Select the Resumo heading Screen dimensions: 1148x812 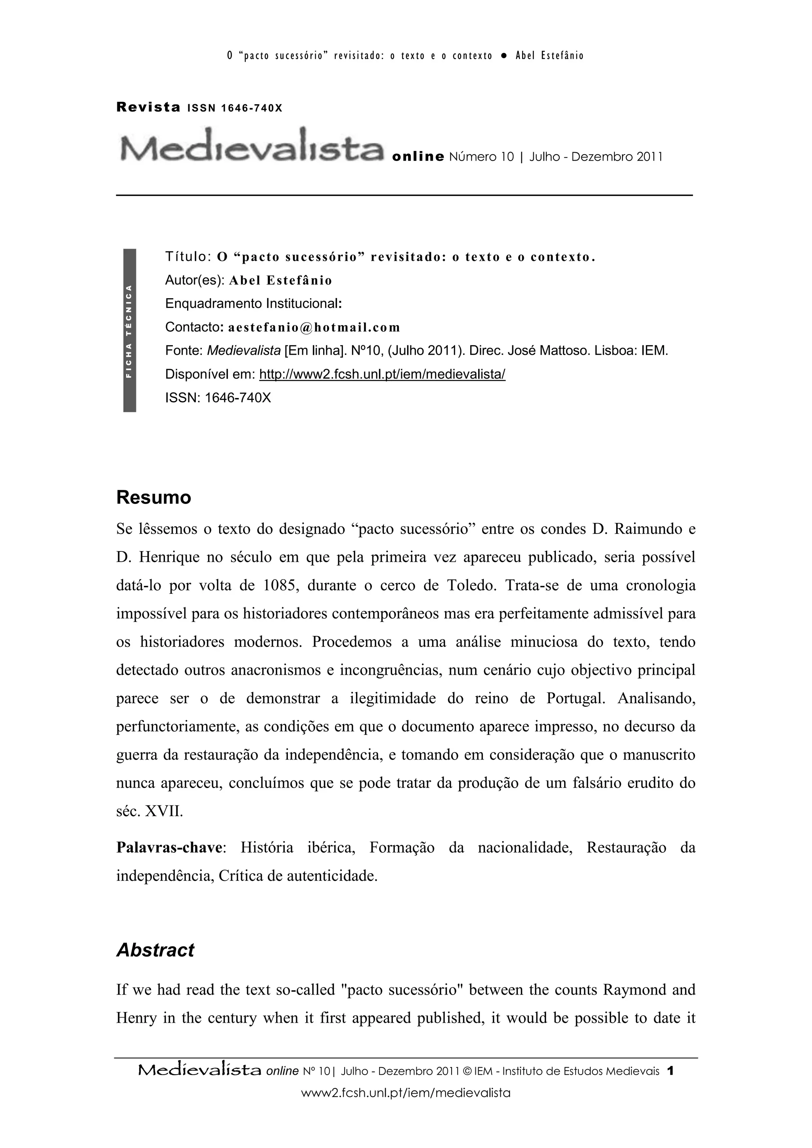(153, 497)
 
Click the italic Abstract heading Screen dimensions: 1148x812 (155, 950)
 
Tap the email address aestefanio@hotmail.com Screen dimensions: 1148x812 (314, 327)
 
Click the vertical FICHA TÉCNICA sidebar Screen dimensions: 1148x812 (130, 330)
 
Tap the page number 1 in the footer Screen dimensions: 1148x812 (671, 1071)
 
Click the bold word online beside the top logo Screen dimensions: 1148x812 (418, 157)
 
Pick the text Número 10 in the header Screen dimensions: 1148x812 (481, 157)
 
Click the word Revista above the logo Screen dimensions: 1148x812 (148, 107)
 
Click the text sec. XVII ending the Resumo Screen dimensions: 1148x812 (149, 811)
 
